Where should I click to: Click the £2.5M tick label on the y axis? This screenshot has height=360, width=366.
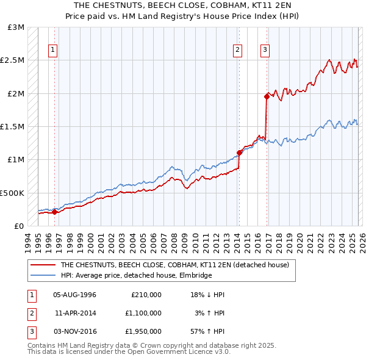click(13, 60)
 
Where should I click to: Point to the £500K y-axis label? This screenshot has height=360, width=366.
click(12, 193)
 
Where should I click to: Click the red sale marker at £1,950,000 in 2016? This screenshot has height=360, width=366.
click(267, 96)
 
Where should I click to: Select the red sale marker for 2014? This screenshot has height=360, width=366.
click(239, 153)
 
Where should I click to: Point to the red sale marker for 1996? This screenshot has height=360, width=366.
click(54, 212)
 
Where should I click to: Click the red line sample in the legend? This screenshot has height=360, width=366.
click(43, 265)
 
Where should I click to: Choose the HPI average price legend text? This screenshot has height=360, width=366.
click(135, 276)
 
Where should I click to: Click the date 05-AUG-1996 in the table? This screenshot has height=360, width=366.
click(74, 295)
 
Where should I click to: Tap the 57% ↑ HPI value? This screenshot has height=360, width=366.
click(206, 331)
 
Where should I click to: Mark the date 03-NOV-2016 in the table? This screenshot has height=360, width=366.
click(74, 331)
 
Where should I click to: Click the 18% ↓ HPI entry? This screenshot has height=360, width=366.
click(206, 295)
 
